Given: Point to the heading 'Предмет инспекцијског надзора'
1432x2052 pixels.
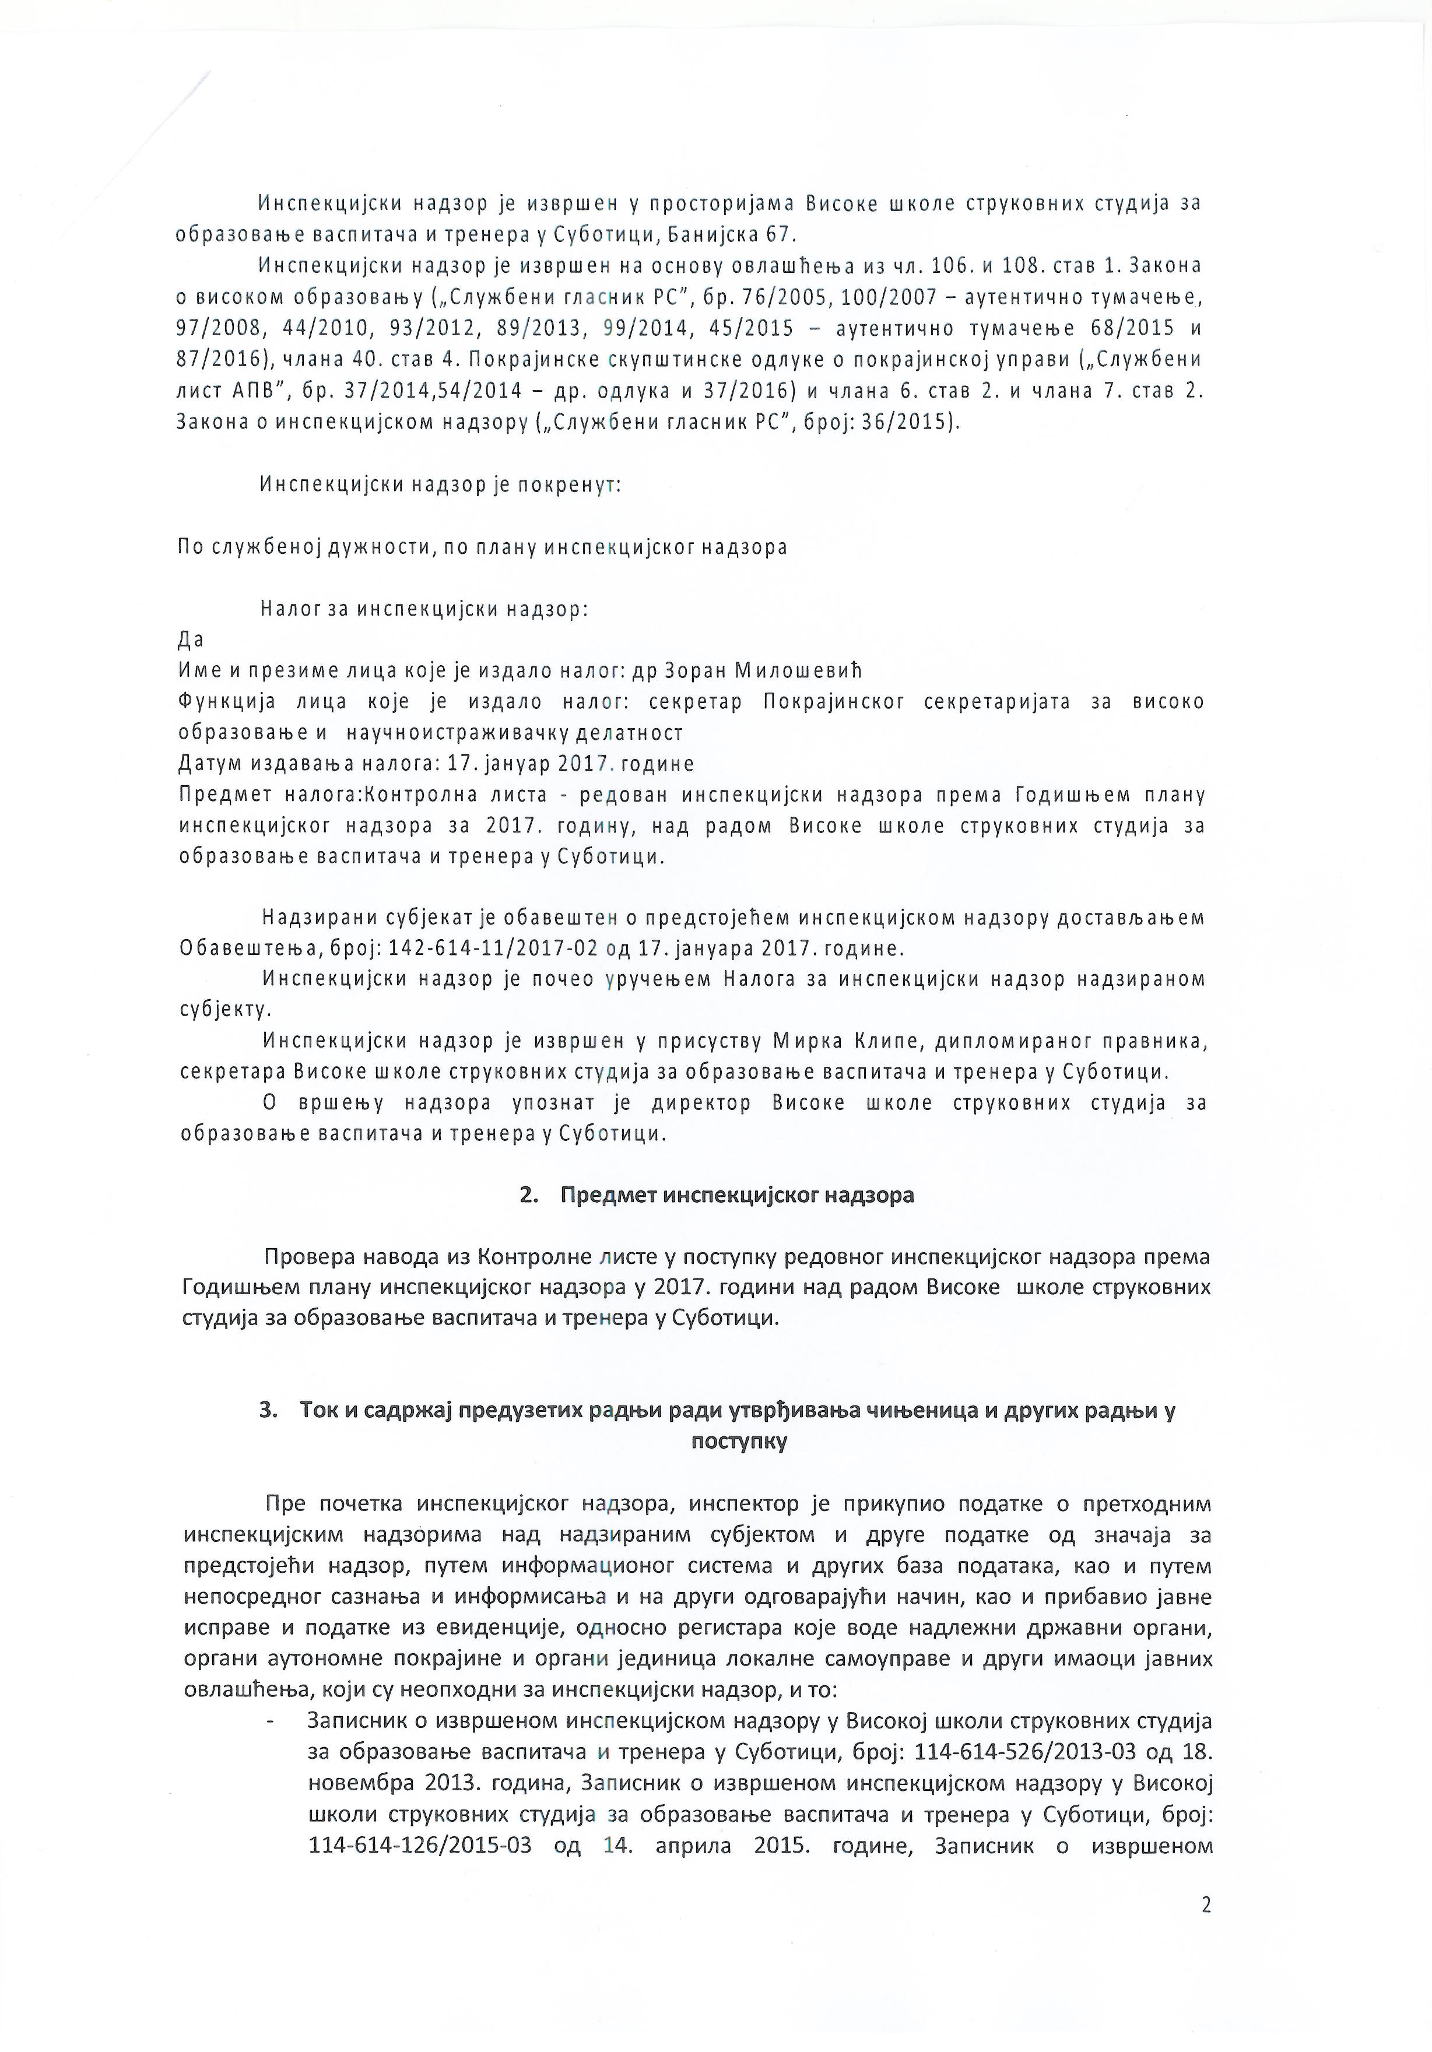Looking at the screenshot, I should coord(736,1195).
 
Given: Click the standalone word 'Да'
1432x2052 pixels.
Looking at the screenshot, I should coord(191,640).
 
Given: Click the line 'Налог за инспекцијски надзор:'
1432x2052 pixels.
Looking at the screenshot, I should coord(424,610).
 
